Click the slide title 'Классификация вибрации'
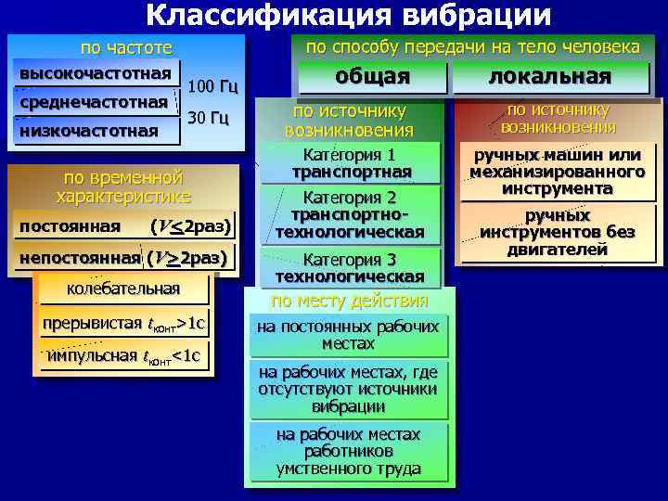click(348, 16)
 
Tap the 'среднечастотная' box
click(93, 101)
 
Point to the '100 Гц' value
click(213, 87)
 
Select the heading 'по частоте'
click(126, 47)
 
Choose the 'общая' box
click(372, 77)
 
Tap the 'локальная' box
click(550, 77)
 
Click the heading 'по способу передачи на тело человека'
click(473, 46)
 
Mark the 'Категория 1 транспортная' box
click(352, 163)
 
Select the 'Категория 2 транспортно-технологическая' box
click(352, 214)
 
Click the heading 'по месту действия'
click(350, 301)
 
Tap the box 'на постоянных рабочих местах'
click(348, 335)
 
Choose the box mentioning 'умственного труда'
click(348, 452)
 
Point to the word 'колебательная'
click(123, 289)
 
